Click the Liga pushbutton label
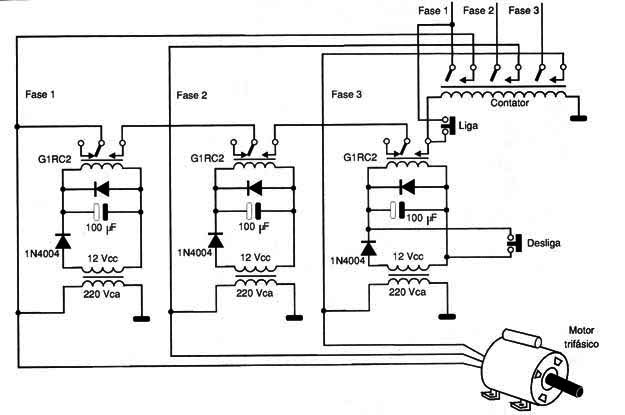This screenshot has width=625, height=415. coord(468,126)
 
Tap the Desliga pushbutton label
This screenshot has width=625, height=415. coord(543,243)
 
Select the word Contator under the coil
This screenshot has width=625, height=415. coord(509,103)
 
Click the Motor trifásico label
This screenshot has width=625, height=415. coord(581,337)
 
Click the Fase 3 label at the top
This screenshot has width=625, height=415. coord(523,11)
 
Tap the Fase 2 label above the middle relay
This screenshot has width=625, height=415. coord(192,95)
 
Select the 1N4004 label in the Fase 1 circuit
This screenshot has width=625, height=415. coord(42,254)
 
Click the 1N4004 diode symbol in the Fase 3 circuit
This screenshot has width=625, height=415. coord(368,248)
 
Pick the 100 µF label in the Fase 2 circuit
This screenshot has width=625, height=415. coord(254,227)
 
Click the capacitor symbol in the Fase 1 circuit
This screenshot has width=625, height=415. coord(101,212)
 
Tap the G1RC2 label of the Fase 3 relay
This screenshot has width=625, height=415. coord(360,157)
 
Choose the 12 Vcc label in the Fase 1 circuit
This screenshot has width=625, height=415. coord(102,258)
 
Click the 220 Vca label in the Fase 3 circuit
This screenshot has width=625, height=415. coord(407,292)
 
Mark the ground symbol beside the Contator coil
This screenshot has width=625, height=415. coord(578,118)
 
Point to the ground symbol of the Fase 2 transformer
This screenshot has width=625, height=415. coord(295,318)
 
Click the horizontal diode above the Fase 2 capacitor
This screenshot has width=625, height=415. coord(254,188)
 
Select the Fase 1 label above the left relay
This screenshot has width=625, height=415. coord(40,94)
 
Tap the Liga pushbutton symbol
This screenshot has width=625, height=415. coord(449,126)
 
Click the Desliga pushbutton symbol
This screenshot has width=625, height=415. coord(514,243)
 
